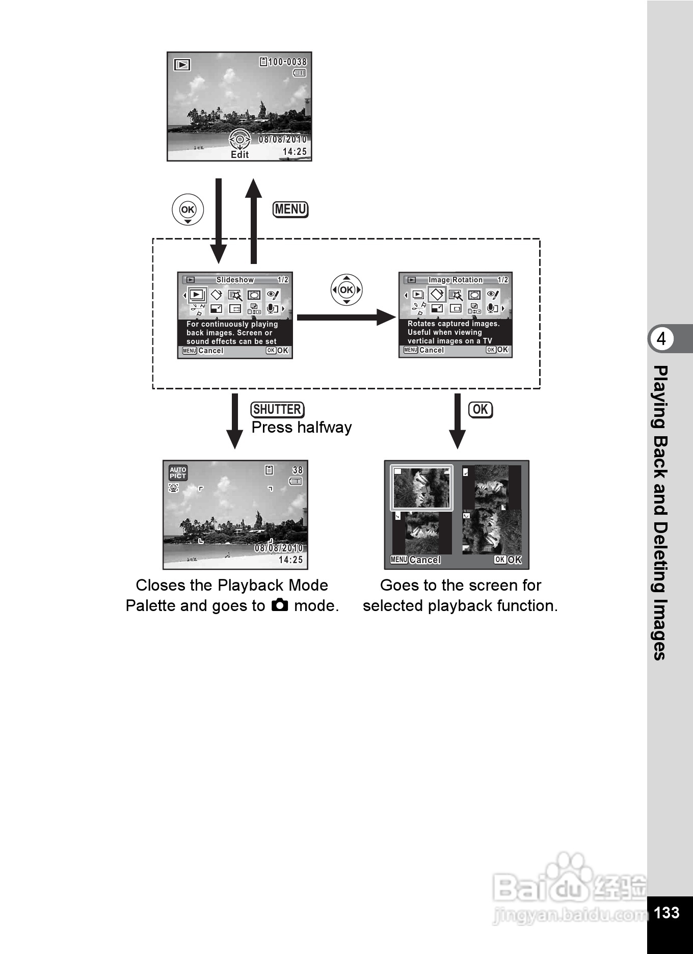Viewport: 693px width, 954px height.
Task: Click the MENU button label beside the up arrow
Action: tap(290, 209)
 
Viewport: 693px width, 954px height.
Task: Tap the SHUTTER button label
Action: tap(277, 410)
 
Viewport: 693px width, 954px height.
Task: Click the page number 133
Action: tap(666, 912)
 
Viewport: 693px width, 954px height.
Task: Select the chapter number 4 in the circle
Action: tap(661, 339)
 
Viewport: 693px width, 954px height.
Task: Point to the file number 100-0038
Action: tap(287, 62)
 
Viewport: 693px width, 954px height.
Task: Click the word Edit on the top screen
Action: tap(239, 155)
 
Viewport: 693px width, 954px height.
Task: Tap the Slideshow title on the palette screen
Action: tap(235, 280)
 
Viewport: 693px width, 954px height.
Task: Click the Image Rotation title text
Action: tap(455, 280)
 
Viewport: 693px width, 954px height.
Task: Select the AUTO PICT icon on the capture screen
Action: tap(178, 473)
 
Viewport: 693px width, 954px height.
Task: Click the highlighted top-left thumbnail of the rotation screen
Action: tap(421, 488)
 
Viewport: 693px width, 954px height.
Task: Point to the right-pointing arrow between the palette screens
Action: tap(346, 317)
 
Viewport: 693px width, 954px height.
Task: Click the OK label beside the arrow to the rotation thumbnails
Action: tap(481, 410)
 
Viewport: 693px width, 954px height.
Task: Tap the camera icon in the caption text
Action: tap(280, 605)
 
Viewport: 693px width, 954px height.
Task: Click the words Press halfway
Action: tap(302, 428)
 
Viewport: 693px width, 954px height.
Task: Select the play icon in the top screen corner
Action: tap(182, 65)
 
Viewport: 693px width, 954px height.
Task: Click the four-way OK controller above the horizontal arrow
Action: tap(346, 290)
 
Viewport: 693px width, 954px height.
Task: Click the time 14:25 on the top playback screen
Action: tap(295, 152)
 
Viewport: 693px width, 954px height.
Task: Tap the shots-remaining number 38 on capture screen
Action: tap(298, 470)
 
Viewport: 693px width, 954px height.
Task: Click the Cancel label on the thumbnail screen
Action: tap(424, 560)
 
